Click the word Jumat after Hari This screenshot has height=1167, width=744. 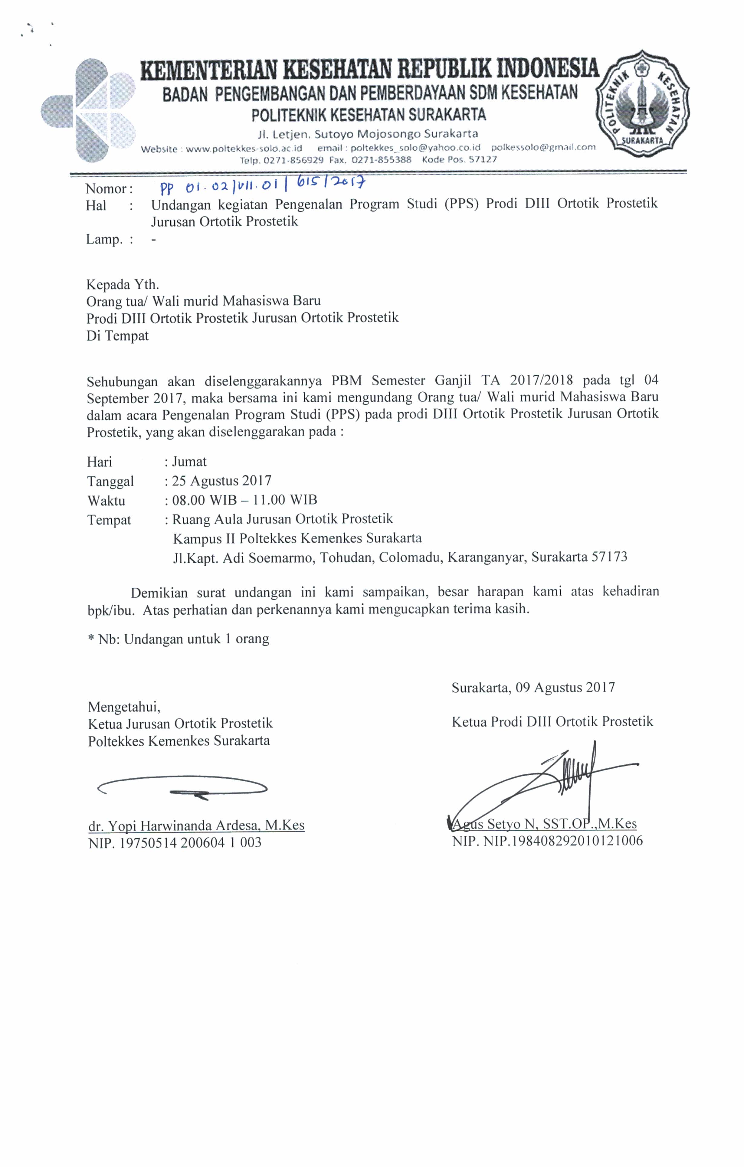(x=189, y=461)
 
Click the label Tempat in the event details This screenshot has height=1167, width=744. (x=109, y=520)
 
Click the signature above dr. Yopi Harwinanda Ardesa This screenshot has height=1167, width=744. (x=182, y=788)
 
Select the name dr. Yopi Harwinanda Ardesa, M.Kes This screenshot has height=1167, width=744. (x=196, y=825)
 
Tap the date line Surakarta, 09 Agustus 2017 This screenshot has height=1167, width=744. (x=533, y=687)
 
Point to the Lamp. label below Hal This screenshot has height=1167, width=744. (x=104, y=239)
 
